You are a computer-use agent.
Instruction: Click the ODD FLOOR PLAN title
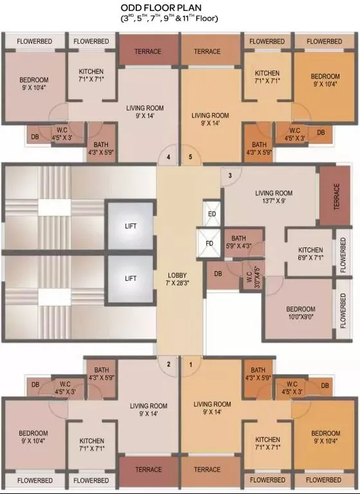[x=161, y=8]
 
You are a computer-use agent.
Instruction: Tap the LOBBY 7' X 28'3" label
[x=177, y=279]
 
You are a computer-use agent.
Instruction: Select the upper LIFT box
[x=130, y=225]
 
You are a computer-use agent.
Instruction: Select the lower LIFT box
[x=130, y=279]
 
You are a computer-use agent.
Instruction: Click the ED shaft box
[x=212, y=214]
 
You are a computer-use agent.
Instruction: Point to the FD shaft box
[x=209, y=243]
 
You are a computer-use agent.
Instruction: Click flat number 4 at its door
[x=168, y=157]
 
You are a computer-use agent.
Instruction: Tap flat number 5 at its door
[x=190, y=157]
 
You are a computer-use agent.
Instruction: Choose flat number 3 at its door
[x=230, y=175]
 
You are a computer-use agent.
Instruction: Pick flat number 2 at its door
[x=168, y=364]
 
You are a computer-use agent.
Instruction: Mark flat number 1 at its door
[x=190, y=364]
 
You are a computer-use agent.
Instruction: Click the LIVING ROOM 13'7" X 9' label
[x=274, y=197]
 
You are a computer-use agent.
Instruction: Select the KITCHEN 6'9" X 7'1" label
[x=310, y=254]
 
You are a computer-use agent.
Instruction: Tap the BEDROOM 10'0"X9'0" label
[x=300, y=313]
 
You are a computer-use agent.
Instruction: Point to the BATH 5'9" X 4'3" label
[x=239, y=242]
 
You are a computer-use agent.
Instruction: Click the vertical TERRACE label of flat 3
[x=336, y=197]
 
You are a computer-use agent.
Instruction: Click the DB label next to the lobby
[x=218, y=274]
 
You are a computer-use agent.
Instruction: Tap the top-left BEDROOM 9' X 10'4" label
[x=33, y=84]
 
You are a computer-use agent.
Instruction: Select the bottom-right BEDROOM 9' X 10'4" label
[x=326, y=437]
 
